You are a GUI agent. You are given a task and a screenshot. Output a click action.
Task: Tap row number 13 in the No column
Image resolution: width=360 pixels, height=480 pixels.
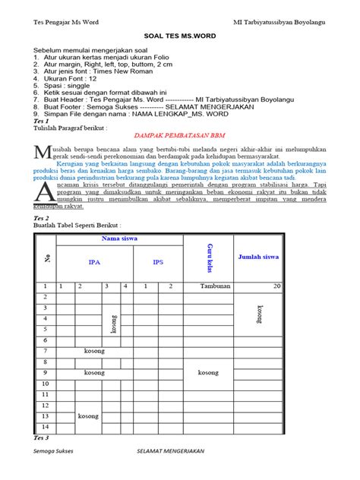46,416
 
